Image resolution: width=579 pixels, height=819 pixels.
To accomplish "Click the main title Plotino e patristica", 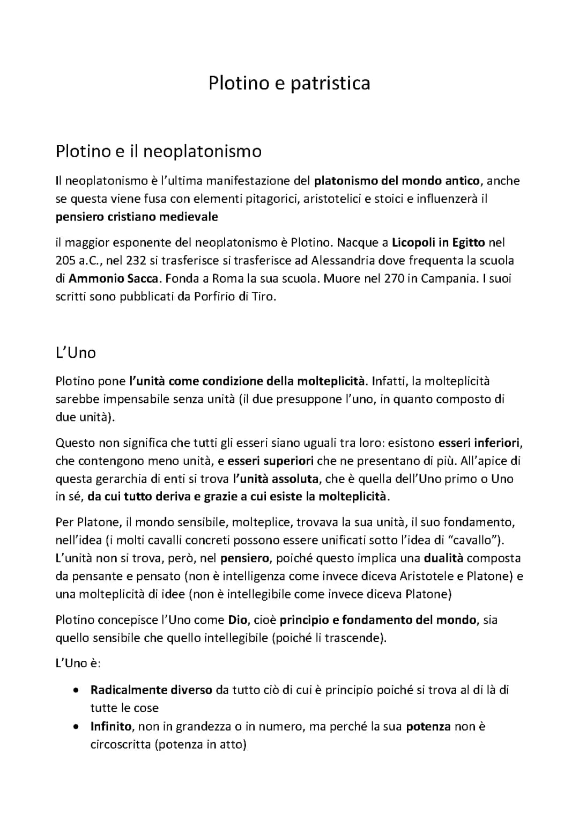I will (x=289, y=84).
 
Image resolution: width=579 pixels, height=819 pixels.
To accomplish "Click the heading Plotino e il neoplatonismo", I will (x=158, y=152).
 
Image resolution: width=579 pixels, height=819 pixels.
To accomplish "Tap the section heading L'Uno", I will (x=76, y=353).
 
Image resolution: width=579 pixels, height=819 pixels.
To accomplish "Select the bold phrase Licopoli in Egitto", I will (x=439, y=242).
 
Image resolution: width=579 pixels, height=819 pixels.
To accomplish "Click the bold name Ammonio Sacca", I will (x=113, y=279).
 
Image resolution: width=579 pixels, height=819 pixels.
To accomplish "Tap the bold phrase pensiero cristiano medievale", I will (x=137, y=217).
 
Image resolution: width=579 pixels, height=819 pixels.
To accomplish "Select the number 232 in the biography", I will (x=144, y=261).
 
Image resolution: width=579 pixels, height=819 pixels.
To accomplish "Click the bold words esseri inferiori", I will (x=479, y=443).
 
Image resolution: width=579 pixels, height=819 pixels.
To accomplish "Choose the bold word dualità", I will (x=443, y=558).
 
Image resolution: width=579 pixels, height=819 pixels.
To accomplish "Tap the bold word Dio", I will (x=238, y=620).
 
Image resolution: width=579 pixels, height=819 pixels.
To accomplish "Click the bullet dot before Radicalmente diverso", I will (x=78, y=690).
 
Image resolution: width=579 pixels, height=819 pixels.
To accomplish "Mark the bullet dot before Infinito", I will (x=78, y=727).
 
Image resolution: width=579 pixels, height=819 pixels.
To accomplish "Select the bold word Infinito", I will (x=111, y=727).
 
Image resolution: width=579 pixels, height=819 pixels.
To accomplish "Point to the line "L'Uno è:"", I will (x=78, y=663).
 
